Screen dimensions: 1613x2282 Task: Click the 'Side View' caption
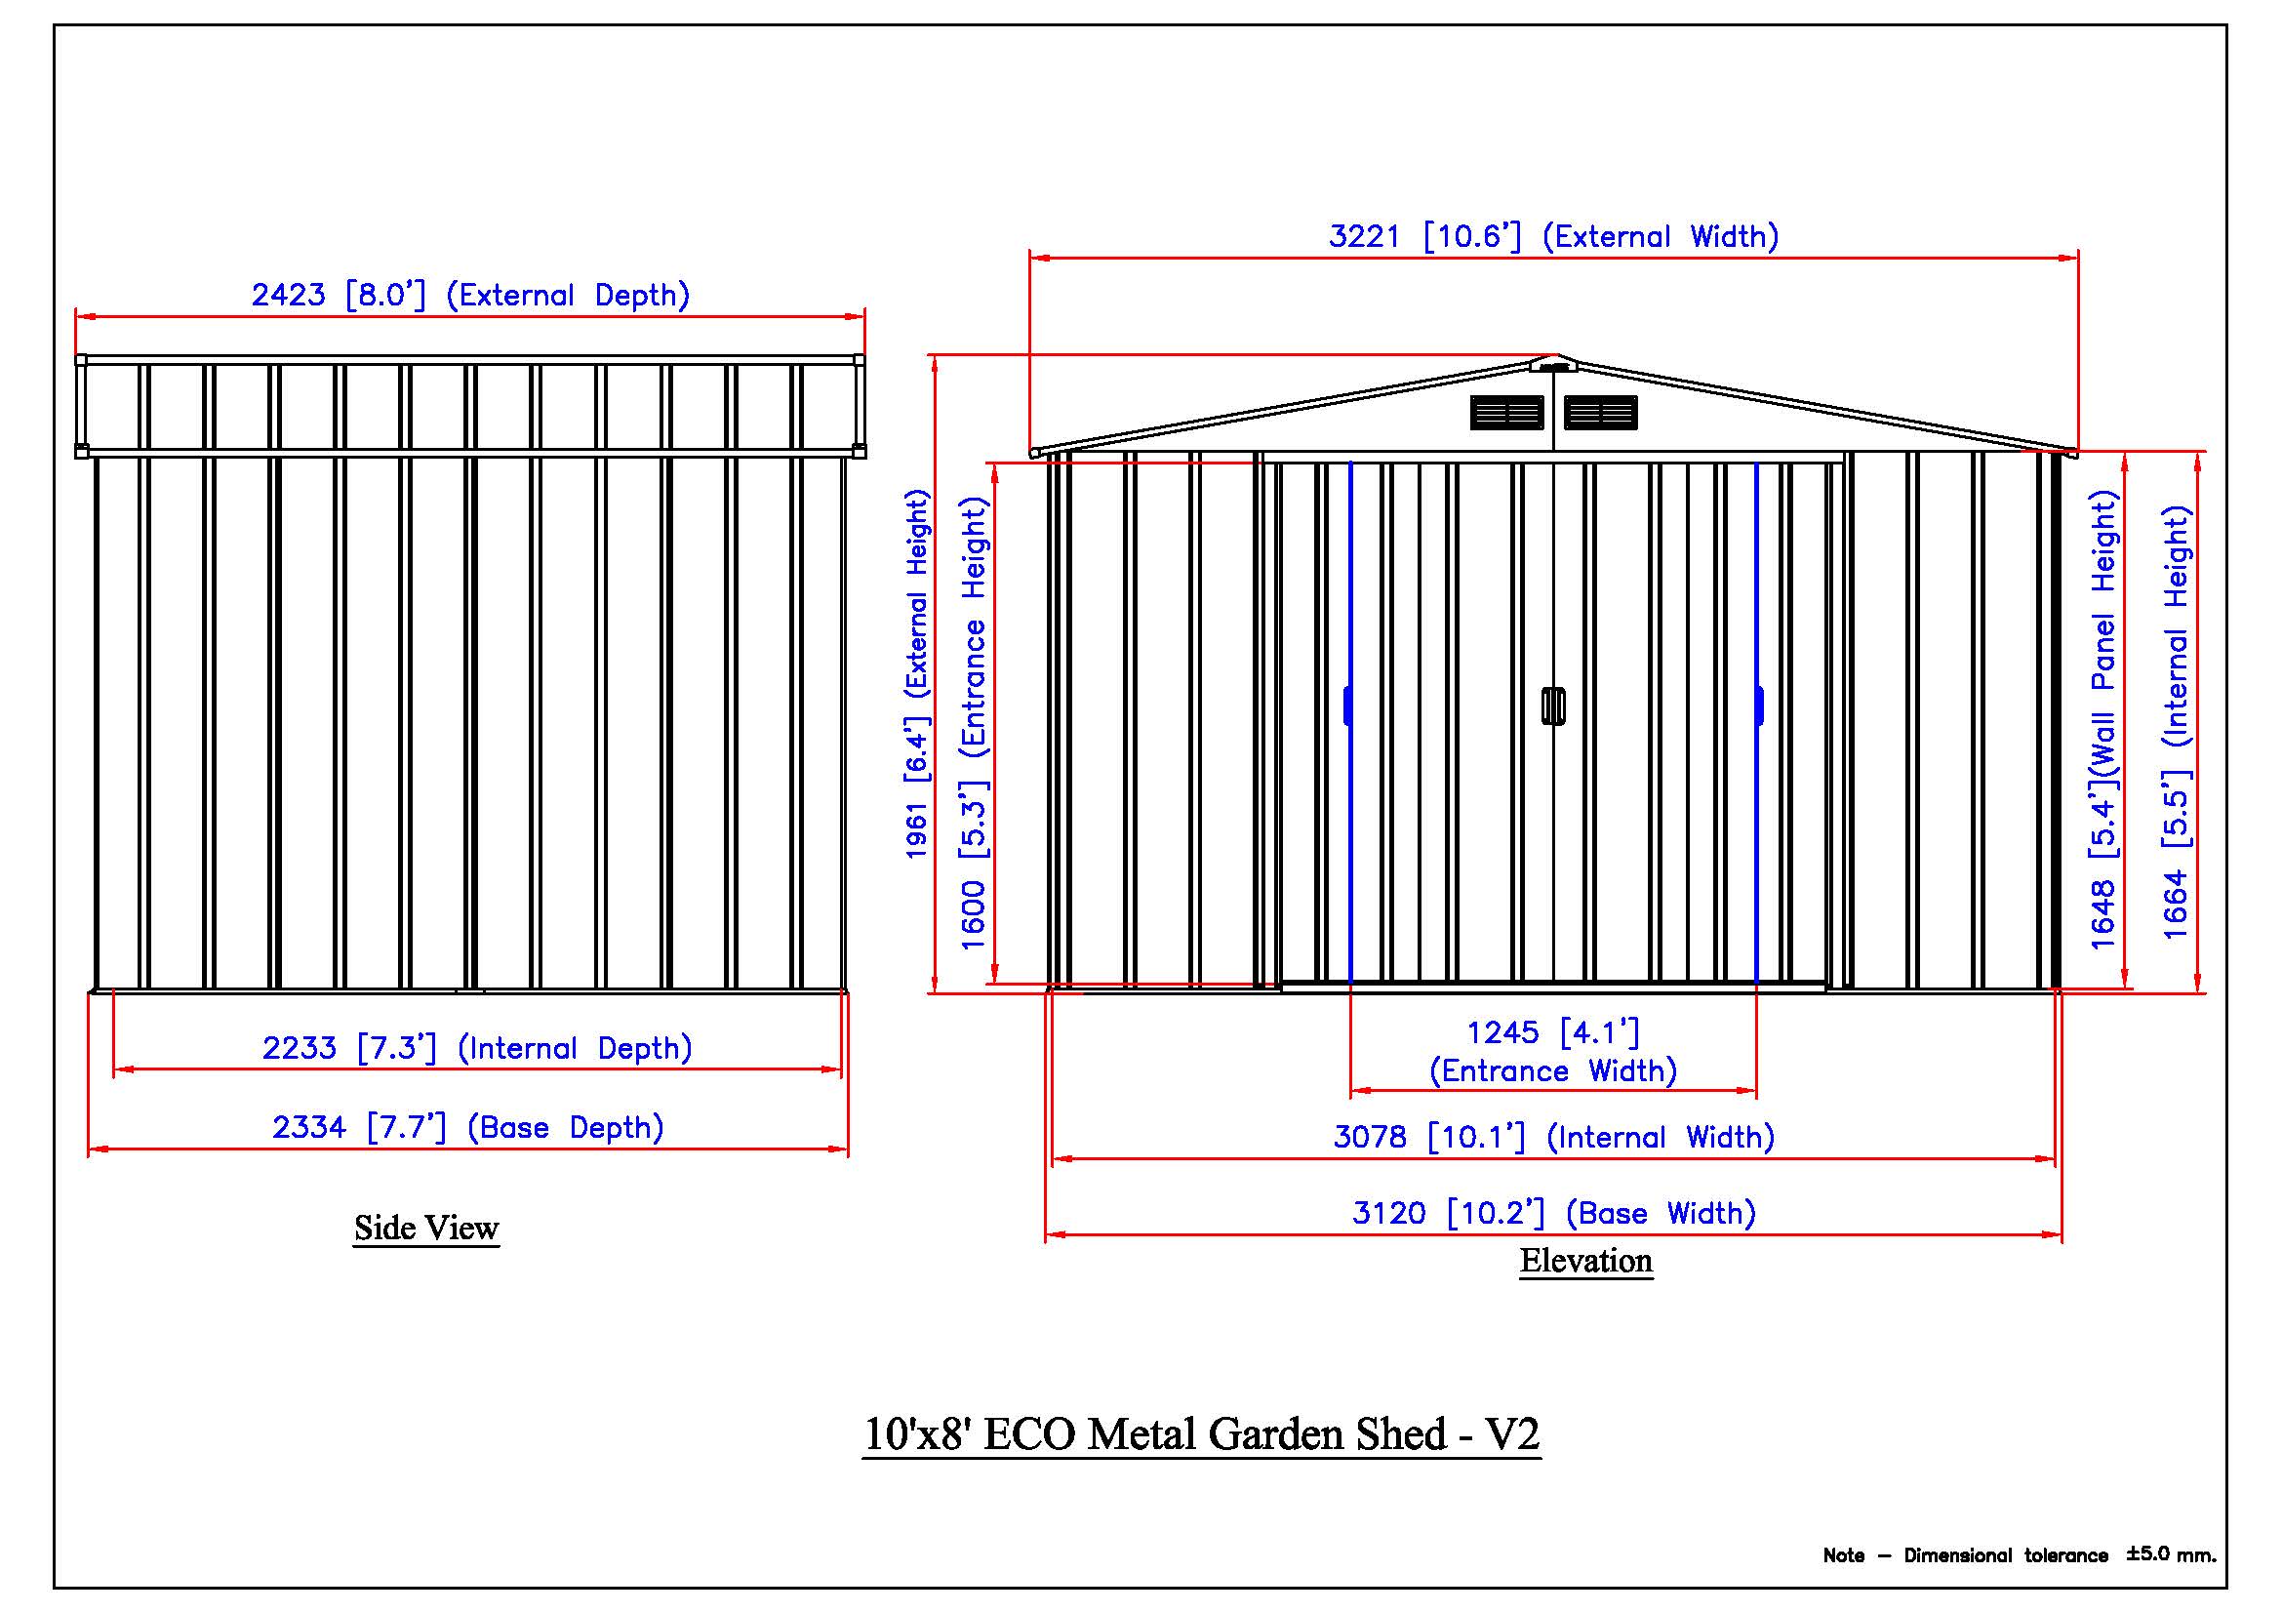click(x=426, y=1229)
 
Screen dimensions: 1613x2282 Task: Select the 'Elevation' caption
click(x=1585, y=1261)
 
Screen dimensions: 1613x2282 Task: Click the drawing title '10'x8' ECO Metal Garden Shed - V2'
click(x=1201, y=1434)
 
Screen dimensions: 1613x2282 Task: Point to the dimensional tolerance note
click(x=2019, y=1555)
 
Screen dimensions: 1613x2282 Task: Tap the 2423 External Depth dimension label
click(x=470, y=295)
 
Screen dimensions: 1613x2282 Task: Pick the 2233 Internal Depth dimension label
click(x=477, y=1049)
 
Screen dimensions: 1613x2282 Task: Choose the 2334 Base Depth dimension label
click(x=468, y=1128)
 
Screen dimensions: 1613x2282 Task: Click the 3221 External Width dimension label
click(x=1553, y=236)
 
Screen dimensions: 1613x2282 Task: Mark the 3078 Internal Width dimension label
click(x=1553, y=1137)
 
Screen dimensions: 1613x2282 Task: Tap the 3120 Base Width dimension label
click(x=1553, y=1214)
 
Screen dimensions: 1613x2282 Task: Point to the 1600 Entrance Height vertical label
click(x=973, y=723)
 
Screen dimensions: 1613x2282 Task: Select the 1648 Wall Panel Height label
click(x=2103, y=719)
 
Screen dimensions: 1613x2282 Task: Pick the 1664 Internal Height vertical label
click(x=2177, y=722)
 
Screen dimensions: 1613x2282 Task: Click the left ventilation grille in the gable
click(x=1506, y=413)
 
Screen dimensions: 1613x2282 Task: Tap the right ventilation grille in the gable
click(x=1601, y=413)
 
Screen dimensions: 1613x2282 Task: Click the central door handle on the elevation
click(x=1553, y=706)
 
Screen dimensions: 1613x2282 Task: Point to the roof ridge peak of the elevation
click(x=1554, y=356)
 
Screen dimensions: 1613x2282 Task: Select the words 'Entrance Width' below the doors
click(x=1552, y=1071)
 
